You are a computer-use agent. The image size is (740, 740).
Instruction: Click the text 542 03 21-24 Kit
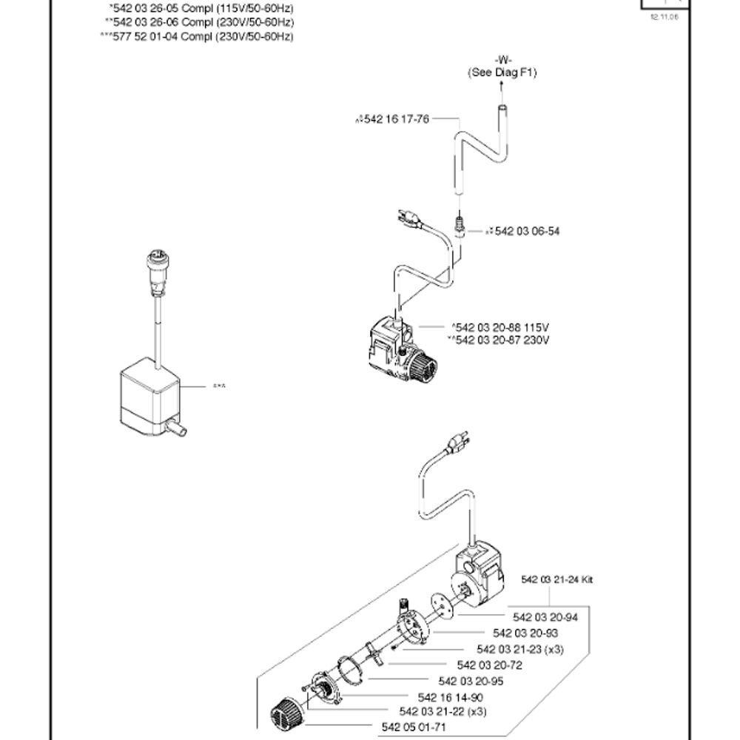point(557,579)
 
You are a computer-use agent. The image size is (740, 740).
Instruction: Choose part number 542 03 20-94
point(545,617)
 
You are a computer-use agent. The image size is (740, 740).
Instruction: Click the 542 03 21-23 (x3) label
point(511,649)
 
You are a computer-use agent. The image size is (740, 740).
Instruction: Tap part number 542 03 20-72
point(490,665)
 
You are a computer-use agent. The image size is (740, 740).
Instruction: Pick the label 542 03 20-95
point(471,681)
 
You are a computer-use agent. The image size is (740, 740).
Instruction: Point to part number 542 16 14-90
point(451,697)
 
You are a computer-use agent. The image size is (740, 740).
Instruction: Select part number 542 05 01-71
point(414,727)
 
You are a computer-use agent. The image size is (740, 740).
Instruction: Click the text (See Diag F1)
point(502,73)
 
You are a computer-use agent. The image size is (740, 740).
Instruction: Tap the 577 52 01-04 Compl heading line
point(196,36)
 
